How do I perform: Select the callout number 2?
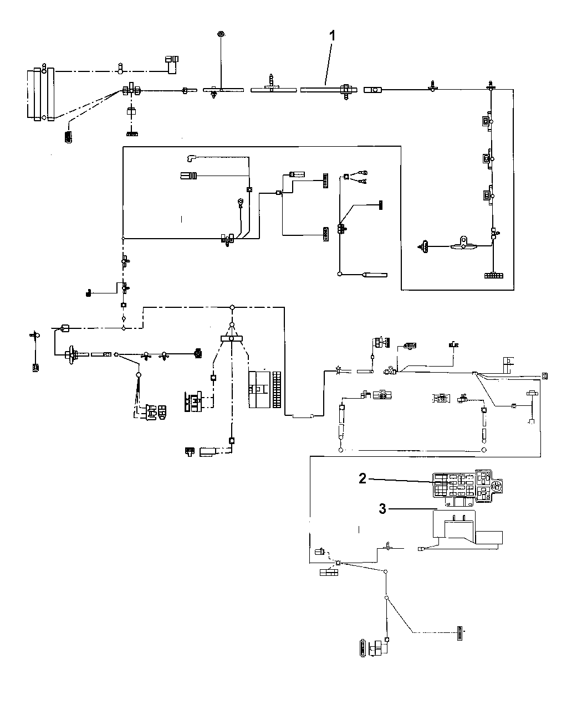pyautogui.click(x=363, y=479)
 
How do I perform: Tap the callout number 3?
pyautogui.click(x=382, y=509)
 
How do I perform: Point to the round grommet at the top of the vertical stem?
pyautogui.click(x=221, y=34)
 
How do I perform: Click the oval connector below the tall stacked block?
pyautogui.click(x=68, y=136)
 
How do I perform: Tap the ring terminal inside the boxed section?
pyautogui.click(x=241, y=202)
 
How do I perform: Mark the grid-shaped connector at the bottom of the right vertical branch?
pyautogui.click(x=492, y=275)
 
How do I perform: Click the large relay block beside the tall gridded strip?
pyautogui.click(x=260, y=390)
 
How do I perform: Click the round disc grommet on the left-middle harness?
pyautogui.click(x=72, y=355)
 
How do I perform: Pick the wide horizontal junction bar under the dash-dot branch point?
pyautogui.click(x=232, y=338)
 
